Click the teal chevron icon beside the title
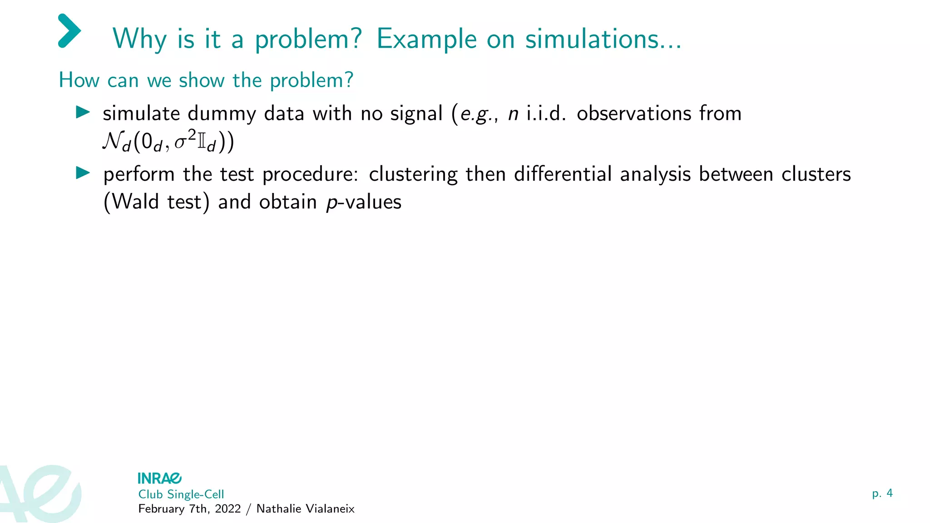tap(69, 31)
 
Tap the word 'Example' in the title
tap(426, 39)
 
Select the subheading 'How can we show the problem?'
tap(206, 80)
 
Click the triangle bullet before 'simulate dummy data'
tap(83, 112)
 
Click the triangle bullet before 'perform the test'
tap(83, 173)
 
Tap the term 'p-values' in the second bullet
tap(364, 202)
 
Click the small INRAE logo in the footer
tap(159, 478)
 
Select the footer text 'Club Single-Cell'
tap(181, 494)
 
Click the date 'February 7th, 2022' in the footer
tap(189, 509)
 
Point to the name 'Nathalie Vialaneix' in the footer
tap(305, 509)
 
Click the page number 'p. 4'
tap(882, 493)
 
